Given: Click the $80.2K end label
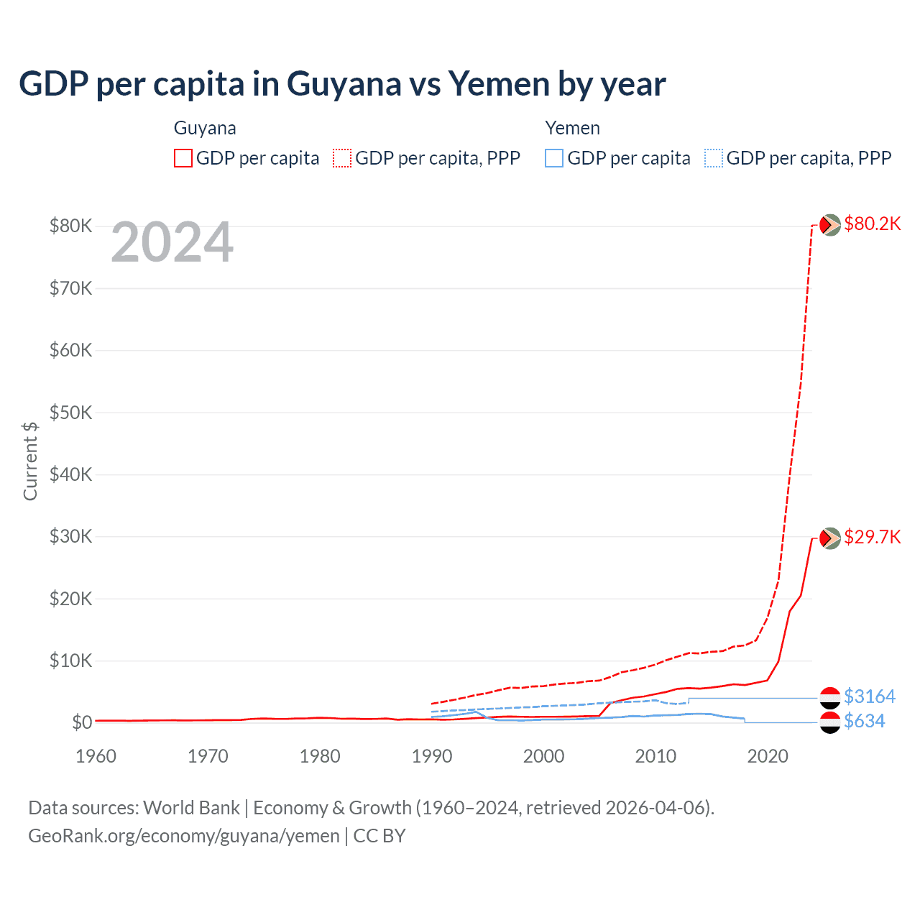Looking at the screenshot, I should [872, 224].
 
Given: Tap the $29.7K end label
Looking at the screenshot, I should [872, 537].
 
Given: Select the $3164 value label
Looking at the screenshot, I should [869, 696].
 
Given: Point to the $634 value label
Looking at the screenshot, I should [864, 721].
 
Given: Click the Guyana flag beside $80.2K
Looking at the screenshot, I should [830, 225].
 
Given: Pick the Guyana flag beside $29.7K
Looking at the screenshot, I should [830, 538].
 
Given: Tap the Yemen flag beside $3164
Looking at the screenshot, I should [830, 698].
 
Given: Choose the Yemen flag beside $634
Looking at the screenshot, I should [830, 722].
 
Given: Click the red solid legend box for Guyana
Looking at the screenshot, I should [183, 158].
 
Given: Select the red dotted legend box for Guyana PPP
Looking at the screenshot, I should [342, 158].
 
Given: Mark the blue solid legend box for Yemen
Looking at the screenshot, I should [554, 158].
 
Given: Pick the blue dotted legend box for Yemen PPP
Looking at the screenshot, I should [714, 158].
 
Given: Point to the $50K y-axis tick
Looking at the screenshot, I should [70, 413].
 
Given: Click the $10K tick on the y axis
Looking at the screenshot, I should [70, 661].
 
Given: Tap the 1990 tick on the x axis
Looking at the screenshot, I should [432, 756].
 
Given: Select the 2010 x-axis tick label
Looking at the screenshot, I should [655, 756].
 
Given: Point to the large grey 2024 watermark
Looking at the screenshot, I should [172, 242].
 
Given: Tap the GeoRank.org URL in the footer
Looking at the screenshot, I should [184, 836].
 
